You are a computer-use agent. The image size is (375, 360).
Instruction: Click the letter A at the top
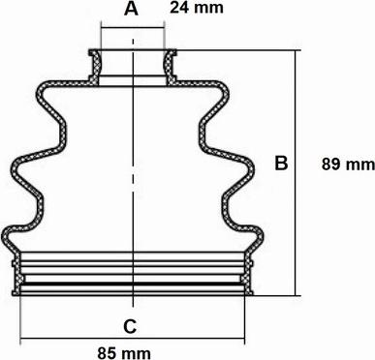coord(131,9)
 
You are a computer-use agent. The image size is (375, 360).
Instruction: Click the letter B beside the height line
coord(281,163)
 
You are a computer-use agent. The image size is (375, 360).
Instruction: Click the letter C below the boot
coord(130,326)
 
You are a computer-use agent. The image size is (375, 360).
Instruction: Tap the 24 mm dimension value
coord(197,8)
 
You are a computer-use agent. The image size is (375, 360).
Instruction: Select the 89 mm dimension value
coord(348,165)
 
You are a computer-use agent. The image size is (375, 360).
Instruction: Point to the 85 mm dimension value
coord(124,353)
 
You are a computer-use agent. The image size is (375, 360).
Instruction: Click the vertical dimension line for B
coord(295,173)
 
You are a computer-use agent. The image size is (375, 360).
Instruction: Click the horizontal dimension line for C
coord(133,339)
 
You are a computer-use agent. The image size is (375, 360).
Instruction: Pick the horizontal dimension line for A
coord(133,28)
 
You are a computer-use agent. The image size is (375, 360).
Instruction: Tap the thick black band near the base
coord(133,285)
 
